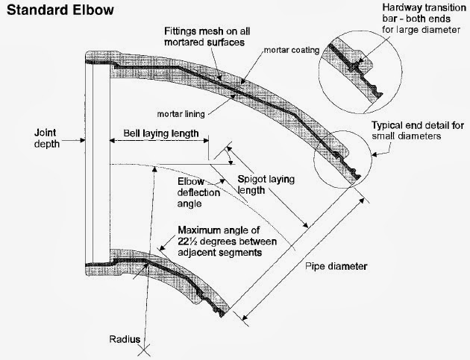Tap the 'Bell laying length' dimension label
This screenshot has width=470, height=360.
tap(156, 133)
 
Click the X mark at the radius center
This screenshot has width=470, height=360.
tap(148, 345)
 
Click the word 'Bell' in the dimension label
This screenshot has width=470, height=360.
tap(124, 133)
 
